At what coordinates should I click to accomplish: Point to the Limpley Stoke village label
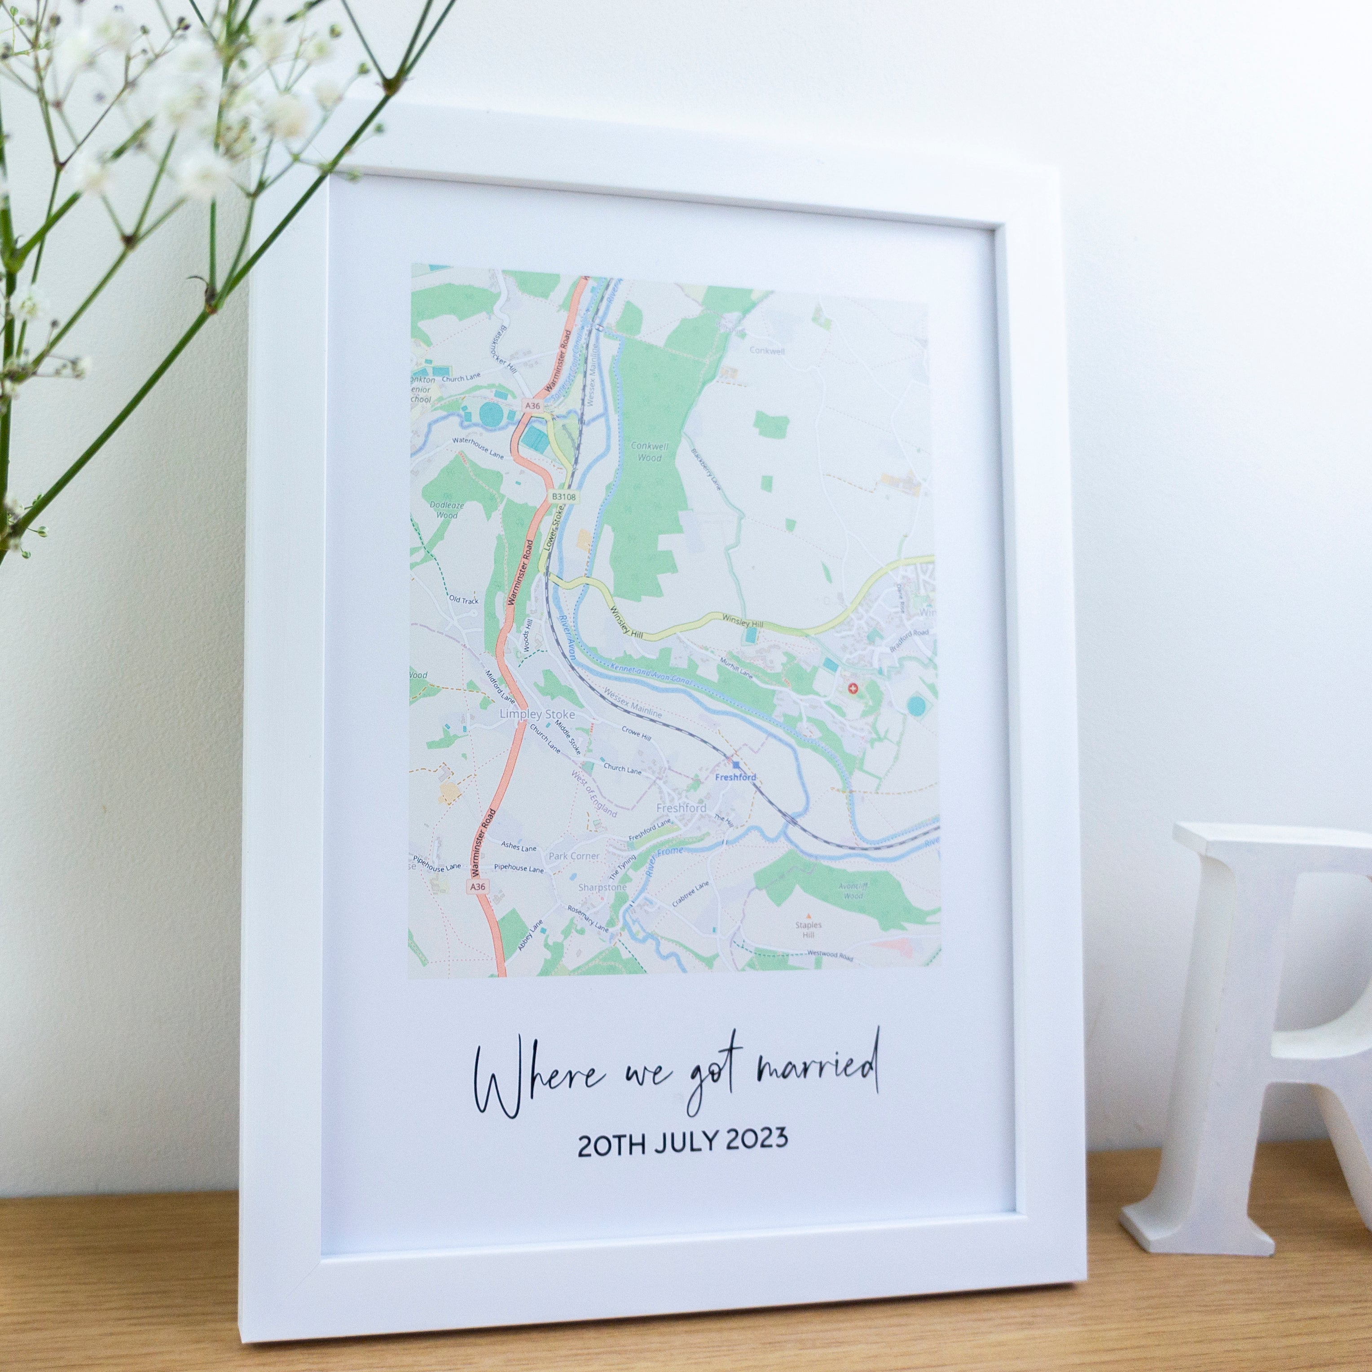tap(537, 714)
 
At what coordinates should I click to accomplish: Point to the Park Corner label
tap(574, 857)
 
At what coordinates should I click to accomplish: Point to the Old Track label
tap(464, 600)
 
